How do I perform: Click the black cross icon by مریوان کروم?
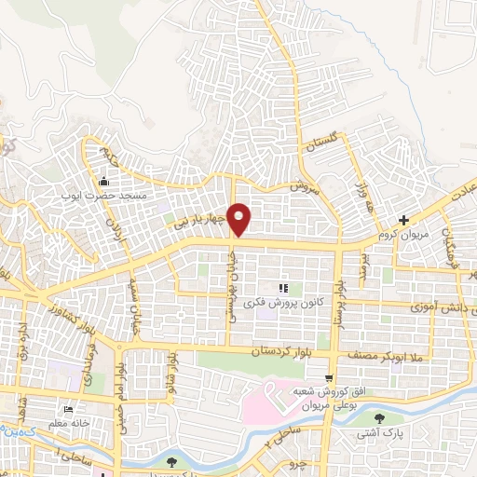[402, 222]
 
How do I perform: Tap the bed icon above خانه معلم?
[67, 410]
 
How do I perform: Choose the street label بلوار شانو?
[170, 370]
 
